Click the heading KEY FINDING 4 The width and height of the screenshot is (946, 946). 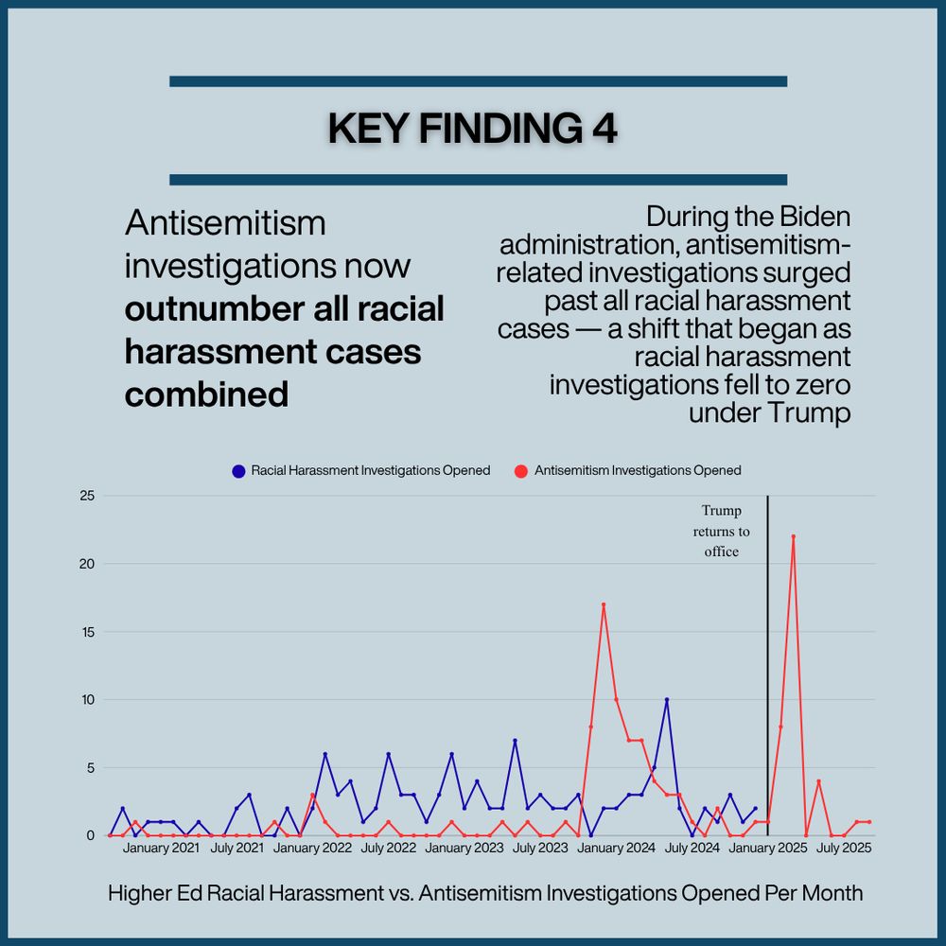[472, 130]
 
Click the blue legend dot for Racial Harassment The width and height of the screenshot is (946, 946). [238, 470]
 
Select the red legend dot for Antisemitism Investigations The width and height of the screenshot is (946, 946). [520, 470]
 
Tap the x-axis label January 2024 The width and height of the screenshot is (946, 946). [615, 849]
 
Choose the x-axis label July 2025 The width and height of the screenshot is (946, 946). [844, 849]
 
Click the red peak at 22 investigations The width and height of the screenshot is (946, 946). [794, 536]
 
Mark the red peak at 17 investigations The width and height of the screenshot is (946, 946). [604, 604]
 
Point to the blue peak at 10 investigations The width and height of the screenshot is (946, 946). [667, 700]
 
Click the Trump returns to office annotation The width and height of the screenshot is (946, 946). [721, 531]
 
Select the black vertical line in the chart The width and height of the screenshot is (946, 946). [767, 662]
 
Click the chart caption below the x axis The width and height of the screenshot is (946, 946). [485, 893]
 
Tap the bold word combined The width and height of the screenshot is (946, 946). [206, 394]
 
